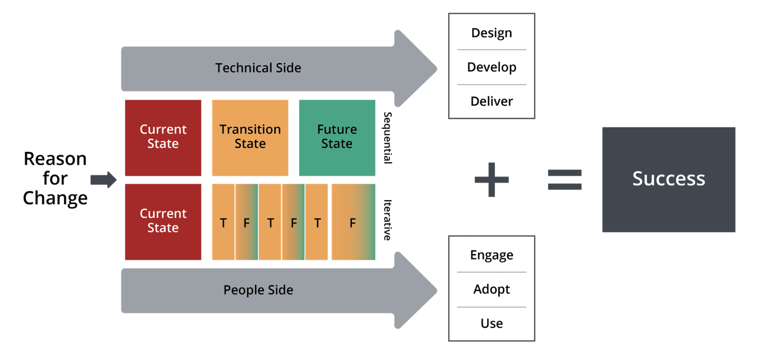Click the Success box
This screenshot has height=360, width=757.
point(669,180)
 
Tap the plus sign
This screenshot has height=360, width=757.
point(492,180)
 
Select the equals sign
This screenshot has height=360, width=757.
point(565,180)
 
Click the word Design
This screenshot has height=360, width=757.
point(492,33)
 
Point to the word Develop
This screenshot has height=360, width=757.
point(492,67)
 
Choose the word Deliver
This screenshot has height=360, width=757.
point(492,102)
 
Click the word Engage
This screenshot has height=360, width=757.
point(492,255)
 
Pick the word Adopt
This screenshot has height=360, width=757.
point(492,290)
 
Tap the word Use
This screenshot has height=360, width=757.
point(492,324)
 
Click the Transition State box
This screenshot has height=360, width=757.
point(250,138)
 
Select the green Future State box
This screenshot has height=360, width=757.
point(337,138)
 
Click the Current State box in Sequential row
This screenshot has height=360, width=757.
point(163,138)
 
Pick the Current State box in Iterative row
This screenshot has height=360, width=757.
point(163,222)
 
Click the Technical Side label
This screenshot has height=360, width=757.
point(258,68)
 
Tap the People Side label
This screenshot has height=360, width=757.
point(258,290)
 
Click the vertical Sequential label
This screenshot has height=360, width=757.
point(387,138)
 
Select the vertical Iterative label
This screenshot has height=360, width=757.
point(387,220)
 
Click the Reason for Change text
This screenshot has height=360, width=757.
point(55,179)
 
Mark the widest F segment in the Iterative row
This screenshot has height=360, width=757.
point(353,222)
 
